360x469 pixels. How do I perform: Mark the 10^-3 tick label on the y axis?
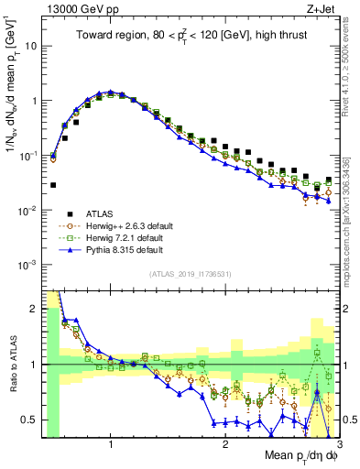click(x=27, y=265)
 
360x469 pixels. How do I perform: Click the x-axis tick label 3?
click(x=340, y=444)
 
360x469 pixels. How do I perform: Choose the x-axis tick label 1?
click(x=111, y=444)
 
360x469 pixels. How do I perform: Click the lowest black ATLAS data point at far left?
click(x=53, y=184)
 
